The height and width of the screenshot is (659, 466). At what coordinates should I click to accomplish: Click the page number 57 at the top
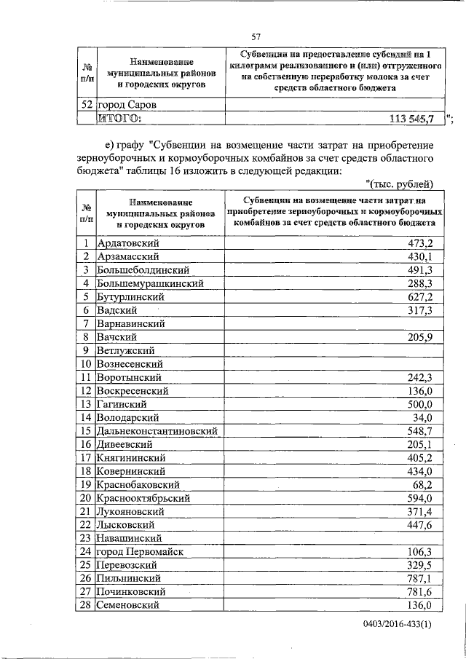point(256,37)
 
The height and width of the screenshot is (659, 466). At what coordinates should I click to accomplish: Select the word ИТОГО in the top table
point(120,119)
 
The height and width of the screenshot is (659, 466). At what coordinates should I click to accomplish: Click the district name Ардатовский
point(128,243)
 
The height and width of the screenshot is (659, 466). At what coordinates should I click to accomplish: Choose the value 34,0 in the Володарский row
point(423,418)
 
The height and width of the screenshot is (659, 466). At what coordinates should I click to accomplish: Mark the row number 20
point(85,498)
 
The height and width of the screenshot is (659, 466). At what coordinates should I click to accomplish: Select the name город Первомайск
point(142,552)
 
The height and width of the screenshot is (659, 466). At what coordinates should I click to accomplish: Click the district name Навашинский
point(129,538)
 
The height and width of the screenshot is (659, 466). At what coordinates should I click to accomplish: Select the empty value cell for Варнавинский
point(331,323)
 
